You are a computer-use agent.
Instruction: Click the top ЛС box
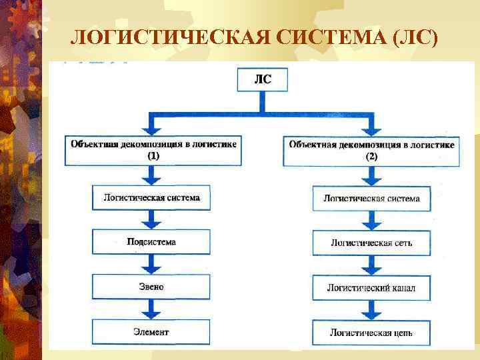(263, 81)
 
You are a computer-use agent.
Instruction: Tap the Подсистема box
(151, 242)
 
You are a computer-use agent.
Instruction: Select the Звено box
(151, 287)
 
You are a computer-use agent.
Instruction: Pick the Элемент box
(151, 331)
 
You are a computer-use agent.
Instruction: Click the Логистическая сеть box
(371, 243)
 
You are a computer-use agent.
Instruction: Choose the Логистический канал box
(371, 288)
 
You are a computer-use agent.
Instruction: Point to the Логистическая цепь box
(371, 332)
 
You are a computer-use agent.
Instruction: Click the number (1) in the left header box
(153, 155)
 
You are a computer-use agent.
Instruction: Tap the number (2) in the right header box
(371, 157)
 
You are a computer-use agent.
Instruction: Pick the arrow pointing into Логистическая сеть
(371, 221)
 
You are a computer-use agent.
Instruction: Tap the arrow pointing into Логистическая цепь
(371, 310)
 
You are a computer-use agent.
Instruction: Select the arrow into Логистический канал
(371, 265)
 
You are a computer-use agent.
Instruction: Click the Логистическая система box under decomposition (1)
(151, 198)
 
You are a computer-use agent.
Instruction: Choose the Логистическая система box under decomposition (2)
(371, 199)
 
